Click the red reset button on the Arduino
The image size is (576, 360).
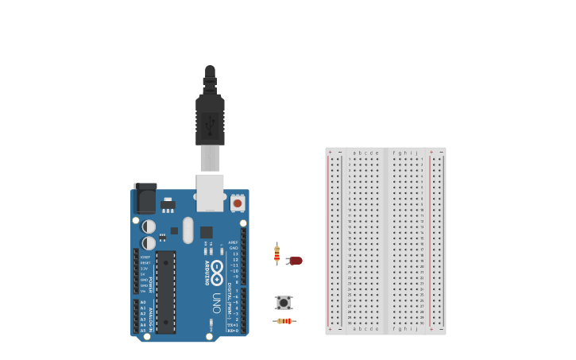(237, 203)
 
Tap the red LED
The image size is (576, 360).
(296, 261)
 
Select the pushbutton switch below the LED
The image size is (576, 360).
(284, 303)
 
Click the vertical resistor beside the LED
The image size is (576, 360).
(276, 254)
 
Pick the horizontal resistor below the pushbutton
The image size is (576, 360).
(284, 321)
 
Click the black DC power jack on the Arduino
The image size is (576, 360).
(145, 198)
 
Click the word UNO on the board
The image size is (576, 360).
(216, 303)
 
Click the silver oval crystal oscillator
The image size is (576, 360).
(187, 230)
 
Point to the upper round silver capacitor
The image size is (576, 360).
(149, 226)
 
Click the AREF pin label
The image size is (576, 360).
(233, 242)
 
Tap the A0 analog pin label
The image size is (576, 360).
(143, 302)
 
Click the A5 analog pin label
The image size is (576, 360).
(143, 330)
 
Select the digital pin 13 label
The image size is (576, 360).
(234, 254)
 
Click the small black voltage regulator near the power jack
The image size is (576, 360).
(168, 204)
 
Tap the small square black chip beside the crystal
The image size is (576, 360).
(206, 232)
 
